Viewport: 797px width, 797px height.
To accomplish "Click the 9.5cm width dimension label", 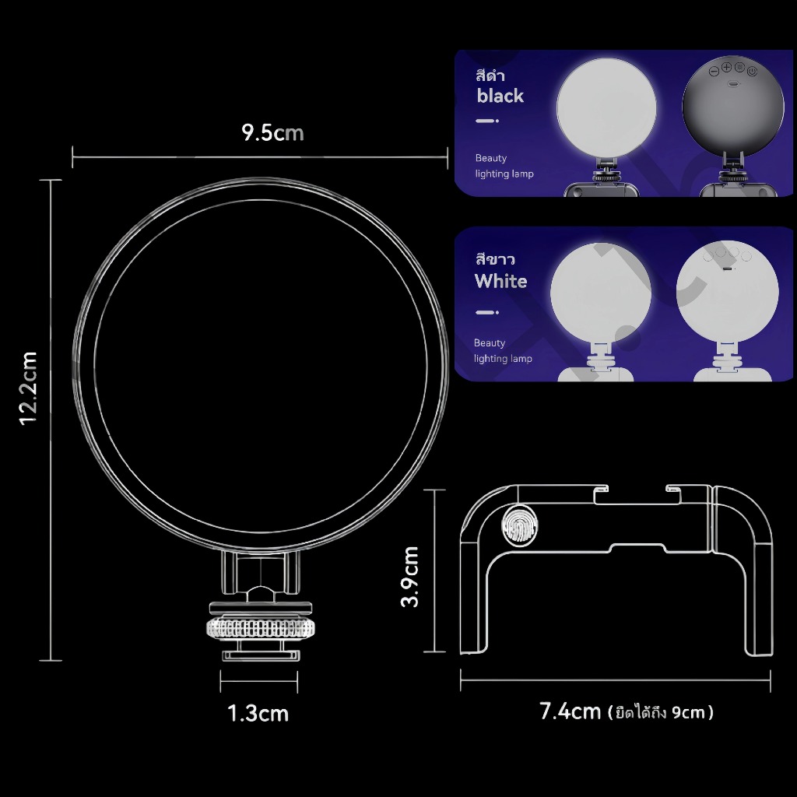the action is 272,132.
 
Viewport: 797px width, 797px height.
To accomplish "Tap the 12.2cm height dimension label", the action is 28,388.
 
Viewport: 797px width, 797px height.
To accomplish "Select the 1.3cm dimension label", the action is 258,713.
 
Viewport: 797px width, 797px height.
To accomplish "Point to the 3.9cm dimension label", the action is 409,577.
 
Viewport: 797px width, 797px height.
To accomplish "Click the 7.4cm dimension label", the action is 570,711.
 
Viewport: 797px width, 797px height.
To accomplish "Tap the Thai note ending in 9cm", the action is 661,712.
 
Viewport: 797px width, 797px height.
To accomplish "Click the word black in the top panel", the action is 500,96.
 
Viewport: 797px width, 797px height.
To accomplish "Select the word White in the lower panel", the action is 500,281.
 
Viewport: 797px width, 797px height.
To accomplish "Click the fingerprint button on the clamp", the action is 519,525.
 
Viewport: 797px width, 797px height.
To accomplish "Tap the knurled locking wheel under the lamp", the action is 259,628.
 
